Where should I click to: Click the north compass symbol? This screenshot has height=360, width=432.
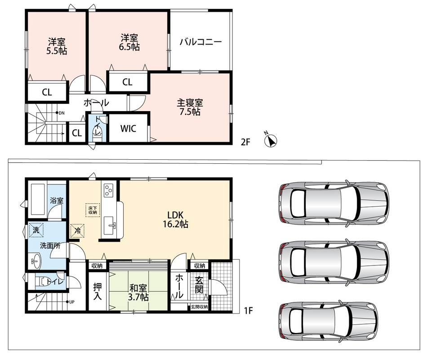click(270, 140)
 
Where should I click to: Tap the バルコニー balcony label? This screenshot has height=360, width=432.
click(201, 42)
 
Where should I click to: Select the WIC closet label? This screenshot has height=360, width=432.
click(129, 129)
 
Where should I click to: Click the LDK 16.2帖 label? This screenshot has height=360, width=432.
click(175, 220)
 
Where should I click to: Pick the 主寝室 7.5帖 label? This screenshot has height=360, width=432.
click(190, 107)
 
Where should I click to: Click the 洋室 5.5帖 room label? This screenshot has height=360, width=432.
click(57, 47)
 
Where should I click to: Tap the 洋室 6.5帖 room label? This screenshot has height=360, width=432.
click(129, 42)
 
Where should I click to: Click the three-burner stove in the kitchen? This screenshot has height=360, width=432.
click(108, 190)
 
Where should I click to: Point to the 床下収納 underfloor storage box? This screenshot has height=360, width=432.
click(93, 210)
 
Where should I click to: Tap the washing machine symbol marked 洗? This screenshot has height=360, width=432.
click(36, 230)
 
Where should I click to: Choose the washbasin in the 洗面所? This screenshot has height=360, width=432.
click(35, 261)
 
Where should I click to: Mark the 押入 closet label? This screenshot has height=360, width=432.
click(98, 292)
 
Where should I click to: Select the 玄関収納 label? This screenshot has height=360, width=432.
click(199, 307)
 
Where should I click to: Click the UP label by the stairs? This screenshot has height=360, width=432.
click(71, 302)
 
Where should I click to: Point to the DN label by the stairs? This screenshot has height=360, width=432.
click(62, 113)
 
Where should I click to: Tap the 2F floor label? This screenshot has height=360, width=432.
click(245, 142)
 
